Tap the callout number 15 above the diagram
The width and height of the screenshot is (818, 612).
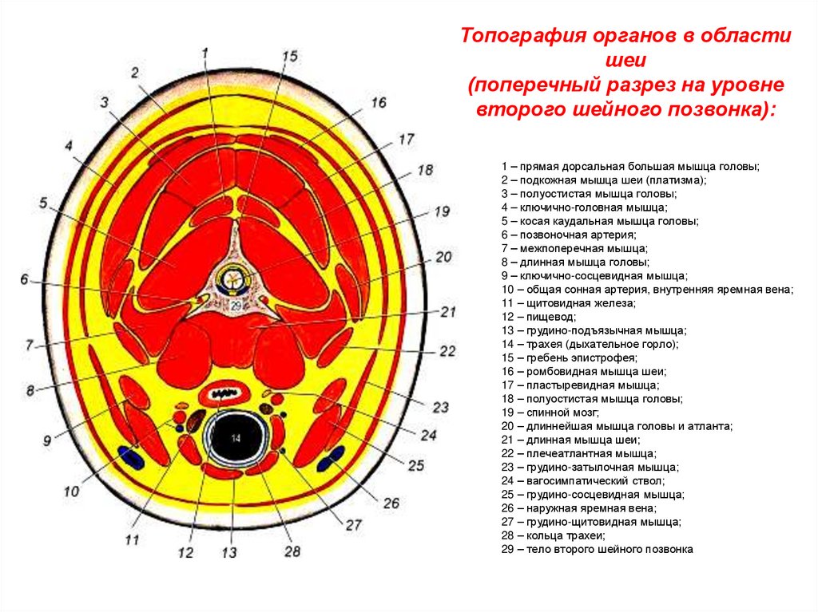289,56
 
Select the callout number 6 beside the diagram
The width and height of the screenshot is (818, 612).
25,279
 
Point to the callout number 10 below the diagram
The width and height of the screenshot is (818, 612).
72,492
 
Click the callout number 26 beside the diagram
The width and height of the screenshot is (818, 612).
391,503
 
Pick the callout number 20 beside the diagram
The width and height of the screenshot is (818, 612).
443,257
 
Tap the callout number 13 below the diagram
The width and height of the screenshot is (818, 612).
229,551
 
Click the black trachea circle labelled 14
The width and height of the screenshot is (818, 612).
236,440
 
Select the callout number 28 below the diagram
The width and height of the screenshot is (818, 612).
292,552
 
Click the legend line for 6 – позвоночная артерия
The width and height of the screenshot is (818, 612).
569,235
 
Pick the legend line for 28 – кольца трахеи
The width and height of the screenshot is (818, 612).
553,535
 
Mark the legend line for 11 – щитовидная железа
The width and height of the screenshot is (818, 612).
568,303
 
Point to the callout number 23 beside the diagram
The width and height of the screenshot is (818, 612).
441,407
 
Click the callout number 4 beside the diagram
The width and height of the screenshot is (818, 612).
69,146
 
